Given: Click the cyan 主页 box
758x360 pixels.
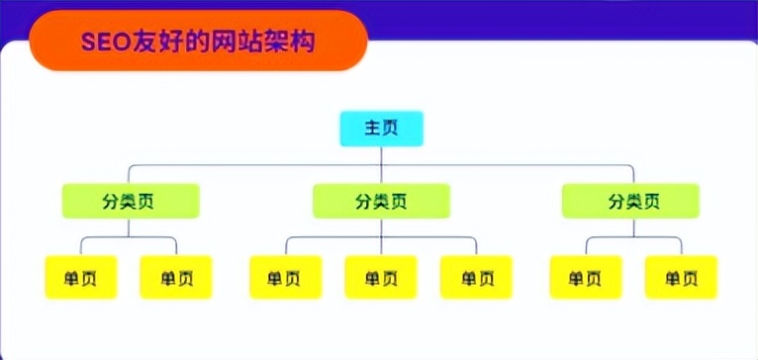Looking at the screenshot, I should (x=381, y=130).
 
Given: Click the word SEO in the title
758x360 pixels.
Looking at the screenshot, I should (x=102, y=43).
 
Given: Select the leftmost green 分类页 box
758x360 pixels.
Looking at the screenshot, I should (x=131, y=201).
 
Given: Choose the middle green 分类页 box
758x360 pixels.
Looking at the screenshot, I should (x=382, y=201).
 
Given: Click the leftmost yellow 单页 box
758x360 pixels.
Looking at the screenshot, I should (x=82, y=277).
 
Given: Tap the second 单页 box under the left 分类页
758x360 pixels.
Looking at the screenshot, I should (x=176, y=277).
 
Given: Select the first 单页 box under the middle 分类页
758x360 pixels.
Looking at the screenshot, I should (x=286, y=277).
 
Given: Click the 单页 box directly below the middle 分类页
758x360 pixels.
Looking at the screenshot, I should (x=381, y=277).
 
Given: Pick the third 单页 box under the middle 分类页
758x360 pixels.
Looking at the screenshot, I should (x=476, y=277).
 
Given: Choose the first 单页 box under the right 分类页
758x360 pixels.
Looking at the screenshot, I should (x=586, y=277).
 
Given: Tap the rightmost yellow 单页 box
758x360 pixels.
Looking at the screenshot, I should (x=681, y=277).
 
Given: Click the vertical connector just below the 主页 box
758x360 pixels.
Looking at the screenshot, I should (x=381, y=153).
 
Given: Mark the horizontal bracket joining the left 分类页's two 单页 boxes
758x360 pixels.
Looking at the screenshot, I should (x=130, y=237).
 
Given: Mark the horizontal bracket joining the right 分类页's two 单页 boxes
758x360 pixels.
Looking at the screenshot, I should (x=633, y=237).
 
